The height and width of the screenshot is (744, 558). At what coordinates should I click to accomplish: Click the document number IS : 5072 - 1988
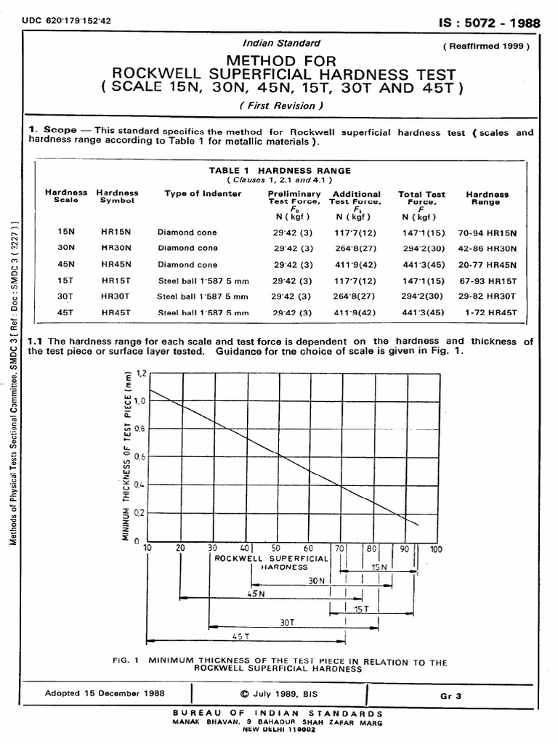point(494,23)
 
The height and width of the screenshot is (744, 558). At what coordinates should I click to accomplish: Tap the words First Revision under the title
point(278,106)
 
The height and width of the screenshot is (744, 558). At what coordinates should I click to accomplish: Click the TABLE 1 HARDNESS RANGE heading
point(280,171)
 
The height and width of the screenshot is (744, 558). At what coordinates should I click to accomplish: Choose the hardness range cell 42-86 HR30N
point(487,248)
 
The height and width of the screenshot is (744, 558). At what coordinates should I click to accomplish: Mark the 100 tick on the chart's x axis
point(435,549)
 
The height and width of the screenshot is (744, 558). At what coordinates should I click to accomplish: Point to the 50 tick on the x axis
point(276,549)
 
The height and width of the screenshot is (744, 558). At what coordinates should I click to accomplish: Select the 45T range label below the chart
point(241,636)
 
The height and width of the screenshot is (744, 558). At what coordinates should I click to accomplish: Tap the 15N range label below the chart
point(381,566)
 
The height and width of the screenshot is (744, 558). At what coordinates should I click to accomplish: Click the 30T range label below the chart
point(287,622)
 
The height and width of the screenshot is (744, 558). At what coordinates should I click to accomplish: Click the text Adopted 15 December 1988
point(105,694)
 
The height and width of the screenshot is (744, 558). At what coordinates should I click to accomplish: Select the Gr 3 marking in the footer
point(450,695)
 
